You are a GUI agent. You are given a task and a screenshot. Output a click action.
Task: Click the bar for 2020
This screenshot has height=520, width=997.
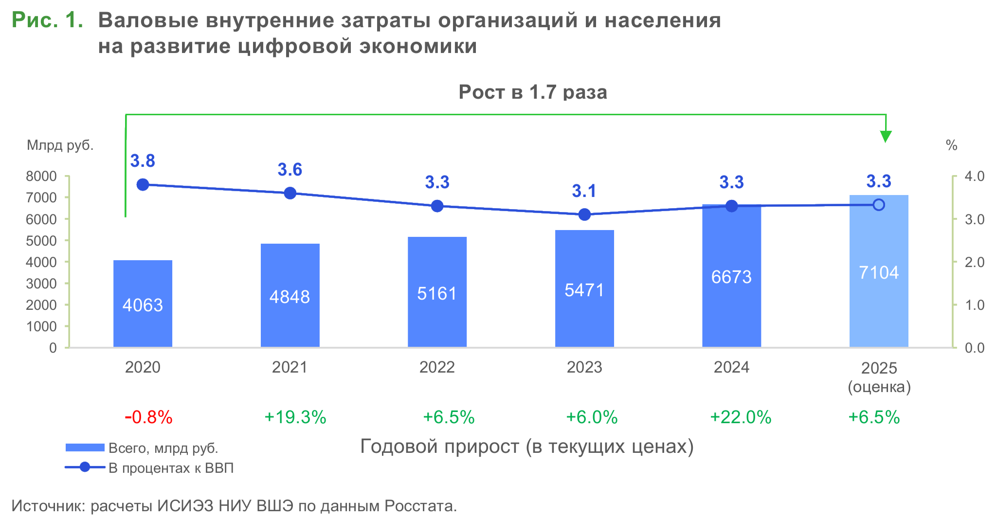[x=143, y=304]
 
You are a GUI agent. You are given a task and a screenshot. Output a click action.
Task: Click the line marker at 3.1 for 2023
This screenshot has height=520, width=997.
[x=584, y=215]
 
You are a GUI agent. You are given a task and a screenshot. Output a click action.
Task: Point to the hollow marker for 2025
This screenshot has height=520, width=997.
[x=878, y=205]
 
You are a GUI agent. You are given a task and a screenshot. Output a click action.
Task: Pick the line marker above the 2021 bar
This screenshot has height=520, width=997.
[x=290, y=193]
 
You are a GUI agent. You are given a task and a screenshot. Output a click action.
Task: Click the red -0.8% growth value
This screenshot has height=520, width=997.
[x=148, y=417]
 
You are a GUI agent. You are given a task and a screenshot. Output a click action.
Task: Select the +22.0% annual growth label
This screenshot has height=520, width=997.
[x=741, y=417]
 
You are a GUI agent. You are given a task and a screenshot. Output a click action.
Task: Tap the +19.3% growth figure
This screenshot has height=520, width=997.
[x=295, y=417]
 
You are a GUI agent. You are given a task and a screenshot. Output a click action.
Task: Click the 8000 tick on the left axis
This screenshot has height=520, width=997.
[x=41, y=176]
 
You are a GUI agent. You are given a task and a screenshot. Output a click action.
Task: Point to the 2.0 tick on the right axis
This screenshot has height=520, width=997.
[x=974, y=262]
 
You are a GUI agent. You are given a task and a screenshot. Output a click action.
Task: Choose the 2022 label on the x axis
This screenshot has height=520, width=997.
[x=437, y=367]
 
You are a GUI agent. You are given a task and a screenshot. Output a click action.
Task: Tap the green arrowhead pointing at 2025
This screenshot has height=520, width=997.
[x=886, y=137]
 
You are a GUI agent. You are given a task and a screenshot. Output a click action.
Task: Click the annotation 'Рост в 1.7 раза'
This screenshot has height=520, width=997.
[x=533, y=92]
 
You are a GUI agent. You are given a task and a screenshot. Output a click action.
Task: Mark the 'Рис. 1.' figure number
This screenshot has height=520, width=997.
[x=47, y=20]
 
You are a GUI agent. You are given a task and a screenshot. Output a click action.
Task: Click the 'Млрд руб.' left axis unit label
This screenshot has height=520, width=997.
[x=60, y=145]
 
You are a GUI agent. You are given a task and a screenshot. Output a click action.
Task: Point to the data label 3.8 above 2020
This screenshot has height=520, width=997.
[x=143, y=161]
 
